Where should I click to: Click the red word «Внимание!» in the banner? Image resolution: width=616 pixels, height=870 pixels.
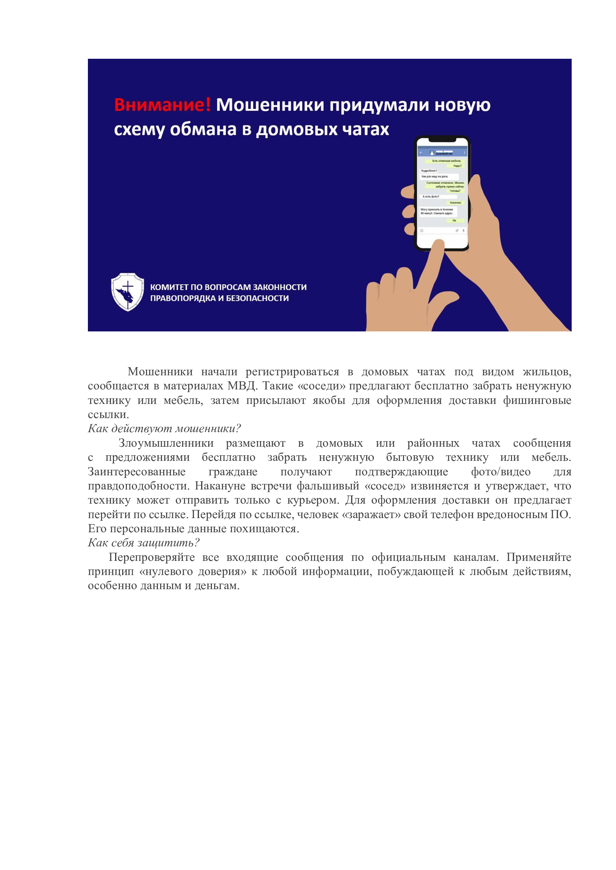click(162, 105)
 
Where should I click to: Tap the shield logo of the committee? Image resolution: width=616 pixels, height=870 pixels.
click(127, 292)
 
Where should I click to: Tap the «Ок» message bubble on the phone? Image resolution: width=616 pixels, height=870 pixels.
click(454, 221)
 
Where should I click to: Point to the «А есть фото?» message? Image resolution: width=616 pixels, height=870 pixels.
click(431, 196)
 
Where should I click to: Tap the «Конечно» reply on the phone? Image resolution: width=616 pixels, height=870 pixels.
click(455, 203)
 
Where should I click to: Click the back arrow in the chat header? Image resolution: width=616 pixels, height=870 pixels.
click(421, 153)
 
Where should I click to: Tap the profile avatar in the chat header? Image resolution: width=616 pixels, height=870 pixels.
click(432, 153)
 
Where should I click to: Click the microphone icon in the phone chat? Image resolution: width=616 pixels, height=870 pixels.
click(463, 230)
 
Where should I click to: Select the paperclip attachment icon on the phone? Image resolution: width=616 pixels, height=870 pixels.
click(457, 230)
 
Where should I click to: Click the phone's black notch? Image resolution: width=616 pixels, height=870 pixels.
click(442, 140)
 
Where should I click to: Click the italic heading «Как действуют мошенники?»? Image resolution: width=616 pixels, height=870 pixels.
click(164, 428)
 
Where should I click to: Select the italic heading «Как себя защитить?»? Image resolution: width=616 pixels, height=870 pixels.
click(143, 543)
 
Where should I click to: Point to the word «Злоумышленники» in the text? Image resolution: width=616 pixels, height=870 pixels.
click(166, 443)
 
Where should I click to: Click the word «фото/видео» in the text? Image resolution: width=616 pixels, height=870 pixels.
click(500, 472)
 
